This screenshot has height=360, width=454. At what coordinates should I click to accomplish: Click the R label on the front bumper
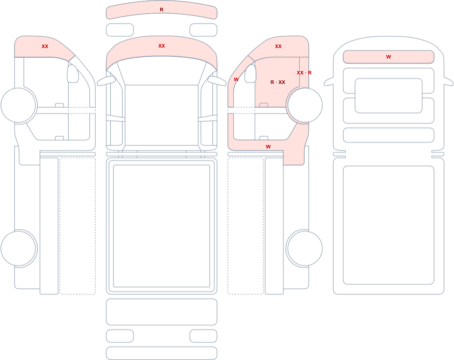162,10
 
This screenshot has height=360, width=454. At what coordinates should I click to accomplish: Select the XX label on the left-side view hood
45,46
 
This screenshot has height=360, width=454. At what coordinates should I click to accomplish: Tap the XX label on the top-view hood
162,46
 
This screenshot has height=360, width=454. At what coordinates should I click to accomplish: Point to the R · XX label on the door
278,82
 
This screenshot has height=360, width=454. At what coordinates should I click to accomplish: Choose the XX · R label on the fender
304,73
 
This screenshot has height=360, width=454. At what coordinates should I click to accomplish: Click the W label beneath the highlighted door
268,147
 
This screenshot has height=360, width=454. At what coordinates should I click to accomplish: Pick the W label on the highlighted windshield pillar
236,79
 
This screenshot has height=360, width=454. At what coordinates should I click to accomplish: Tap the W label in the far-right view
389,57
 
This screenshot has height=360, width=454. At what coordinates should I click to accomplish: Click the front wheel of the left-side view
19,105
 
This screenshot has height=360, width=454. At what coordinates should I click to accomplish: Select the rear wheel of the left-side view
19,248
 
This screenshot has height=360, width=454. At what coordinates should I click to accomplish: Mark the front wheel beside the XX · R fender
304,105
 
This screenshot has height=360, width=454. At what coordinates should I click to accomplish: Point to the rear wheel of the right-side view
304,248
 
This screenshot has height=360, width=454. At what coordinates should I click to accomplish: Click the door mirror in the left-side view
73,74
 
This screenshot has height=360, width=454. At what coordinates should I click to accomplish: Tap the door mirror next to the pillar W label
251,74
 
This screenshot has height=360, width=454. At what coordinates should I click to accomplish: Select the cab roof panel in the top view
162,115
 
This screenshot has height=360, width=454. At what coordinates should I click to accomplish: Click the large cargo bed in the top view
162,226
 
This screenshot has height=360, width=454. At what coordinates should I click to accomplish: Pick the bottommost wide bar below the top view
162,353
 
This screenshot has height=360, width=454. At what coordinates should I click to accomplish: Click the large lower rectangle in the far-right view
389,225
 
